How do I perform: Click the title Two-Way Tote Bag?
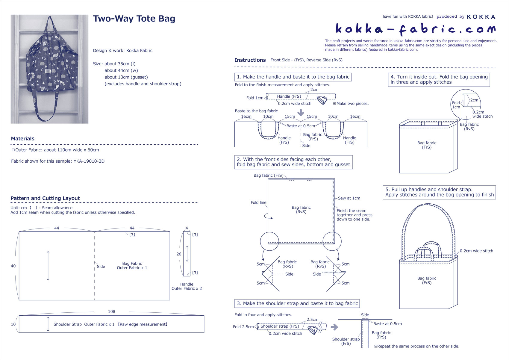[x=134, y=19]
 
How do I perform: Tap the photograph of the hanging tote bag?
[x=49, y=69]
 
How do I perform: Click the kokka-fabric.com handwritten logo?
[x=415, y=29]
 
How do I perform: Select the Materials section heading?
[x=23, y=139]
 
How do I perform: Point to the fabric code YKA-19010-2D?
[x=89, y=161]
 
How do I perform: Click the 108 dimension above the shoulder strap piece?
[x=111, y=311]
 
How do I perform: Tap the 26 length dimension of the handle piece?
[x=179, y=254]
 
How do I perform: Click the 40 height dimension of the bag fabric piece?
[x=13, y=266]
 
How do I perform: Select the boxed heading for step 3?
[x=297, y=303]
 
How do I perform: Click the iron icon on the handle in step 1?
[x=322, y=100]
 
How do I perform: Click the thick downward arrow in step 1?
[x=301, y=113]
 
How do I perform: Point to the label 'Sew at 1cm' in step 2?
[x=349, y=198]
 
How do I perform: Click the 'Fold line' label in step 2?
[x=258, y=202]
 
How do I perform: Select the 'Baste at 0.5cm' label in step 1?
[x=301, y=126]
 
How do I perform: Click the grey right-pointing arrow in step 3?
[x=334, y=327]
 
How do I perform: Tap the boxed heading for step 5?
[x=439, y=192]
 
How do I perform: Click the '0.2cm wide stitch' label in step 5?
[x=476, y=251]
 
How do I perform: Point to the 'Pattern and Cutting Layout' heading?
[x=45, y=198]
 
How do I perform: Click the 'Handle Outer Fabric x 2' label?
[x=187, y=286]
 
